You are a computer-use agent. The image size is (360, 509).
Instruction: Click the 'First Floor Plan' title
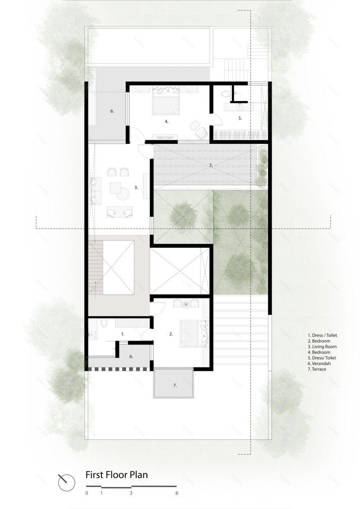coord(117,475)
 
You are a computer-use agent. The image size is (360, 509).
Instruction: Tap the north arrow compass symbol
coord(66,482)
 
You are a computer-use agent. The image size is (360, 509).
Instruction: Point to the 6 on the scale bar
coord(177,493)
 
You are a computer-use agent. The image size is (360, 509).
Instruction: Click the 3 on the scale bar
coord(131,493)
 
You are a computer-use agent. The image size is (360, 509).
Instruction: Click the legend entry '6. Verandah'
coord(320,363)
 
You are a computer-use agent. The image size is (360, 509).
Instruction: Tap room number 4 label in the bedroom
coord(166,121)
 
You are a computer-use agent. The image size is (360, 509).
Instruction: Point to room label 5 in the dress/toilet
coord(241,118)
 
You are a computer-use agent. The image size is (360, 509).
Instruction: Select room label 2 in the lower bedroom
coord(171,334)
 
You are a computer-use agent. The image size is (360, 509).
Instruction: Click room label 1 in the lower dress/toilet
coord(122,334)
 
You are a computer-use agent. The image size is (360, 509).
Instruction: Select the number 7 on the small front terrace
coord(175,385)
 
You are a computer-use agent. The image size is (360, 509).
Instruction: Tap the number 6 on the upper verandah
coord(112,111)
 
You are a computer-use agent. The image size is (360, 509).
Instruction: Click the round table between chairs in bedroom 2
coord(186,304)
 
